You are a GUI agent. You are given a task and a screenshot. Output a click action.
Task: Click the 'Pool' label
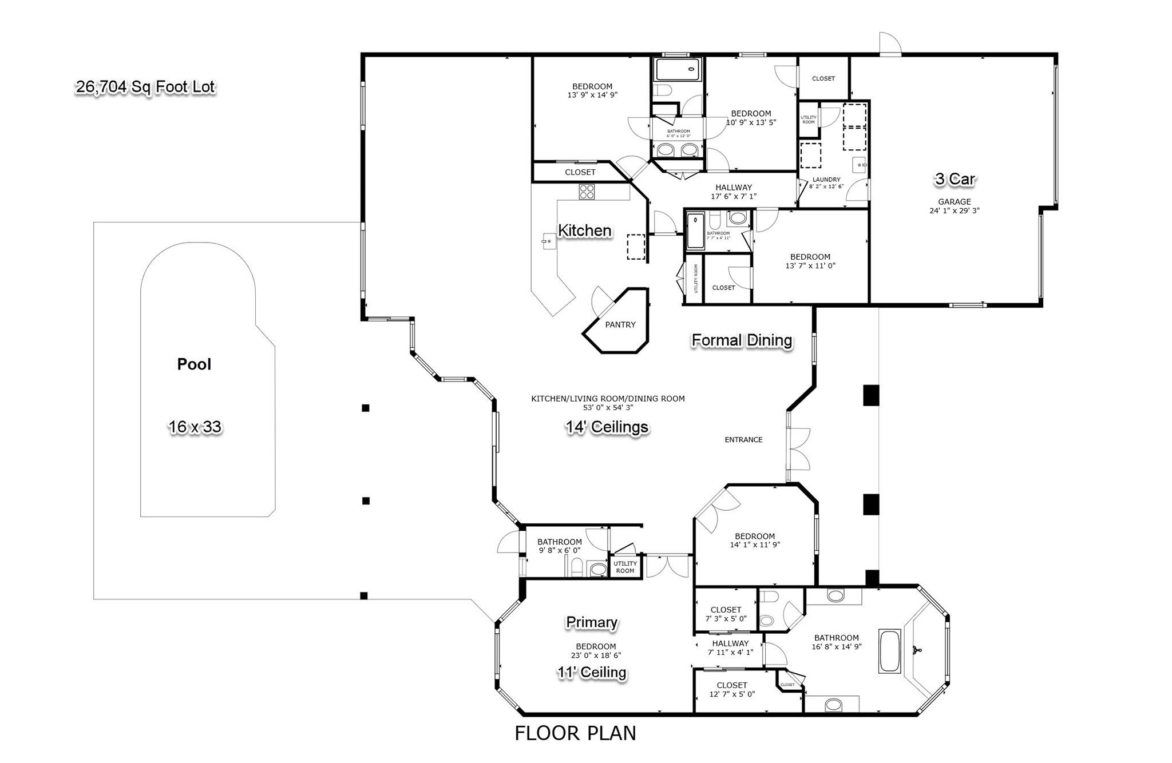pyautogui.click(x=194, y=364)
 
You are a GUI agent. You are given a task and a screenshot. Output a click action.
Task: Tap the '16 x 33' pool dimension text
pyautogui.click(x=195, y=427)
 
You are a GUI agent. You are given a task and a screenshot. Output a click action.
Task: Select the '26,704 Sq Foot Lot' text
pyautogui.click(x=145, y=87)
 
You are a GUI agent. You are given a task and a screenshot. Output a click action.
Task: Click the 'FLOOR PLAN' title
pyautogui.click(x=575, y=733)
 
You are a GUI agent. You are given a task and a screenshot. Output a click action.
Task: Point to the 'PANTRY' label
pyautogui.click(x=620, y=324)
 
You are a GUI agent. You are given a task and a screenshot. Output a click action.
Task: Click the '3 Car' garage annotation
pyautogui.click(x=955, y=179)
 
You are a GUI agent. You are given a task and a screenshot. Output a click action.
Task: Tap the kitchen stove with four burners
pyautogui.click(x=587, y=191)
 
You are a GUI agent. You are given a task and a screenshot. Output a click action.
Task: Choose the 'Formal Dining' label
pyautogui.click(x=742, y=340)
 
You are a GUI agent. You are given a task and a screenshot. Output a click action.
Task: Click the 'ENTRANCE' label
pyautogui.click(x=743, y=440)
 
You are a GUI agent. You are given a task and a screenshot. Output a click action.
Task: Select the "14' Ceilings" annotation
pyautogui.click(x=607, y=427)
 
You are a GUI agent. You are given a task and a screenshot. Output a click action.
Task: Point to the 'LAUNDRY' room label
pyautogui.click(x=826, y=180)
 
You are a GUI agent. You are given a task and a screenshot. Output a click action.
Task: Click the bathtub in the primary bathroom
pyautogui.click(x=890, y=651)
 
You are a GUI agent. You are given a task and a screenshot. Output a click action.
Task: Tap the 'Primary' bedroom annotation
pyautogui.click(x=592, y=622)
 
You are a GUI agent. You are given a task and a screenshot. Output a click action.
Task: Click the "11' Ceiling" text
pyautogui.click(x=592, y=672)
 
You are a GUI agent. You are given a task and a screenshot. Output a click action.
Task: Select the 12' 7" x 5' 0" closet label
pyautogui.click(x=732, y=690)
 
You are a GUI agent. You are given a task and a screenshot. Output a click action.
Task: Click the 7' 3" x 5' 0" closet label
pyautogui.click(x=726, y=614)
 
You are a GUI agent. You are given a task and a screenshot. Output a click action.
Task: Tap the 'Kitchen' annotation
pyautogui.click(x=584, y=231)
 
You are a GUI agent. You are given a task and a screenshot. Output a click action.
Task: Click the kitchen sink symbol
pyautogui.click(x=548, y=241)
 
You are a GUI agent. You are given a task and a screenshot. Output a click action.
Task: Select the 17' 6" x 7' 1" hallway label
pyautogui.click(x=734, y=192)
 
